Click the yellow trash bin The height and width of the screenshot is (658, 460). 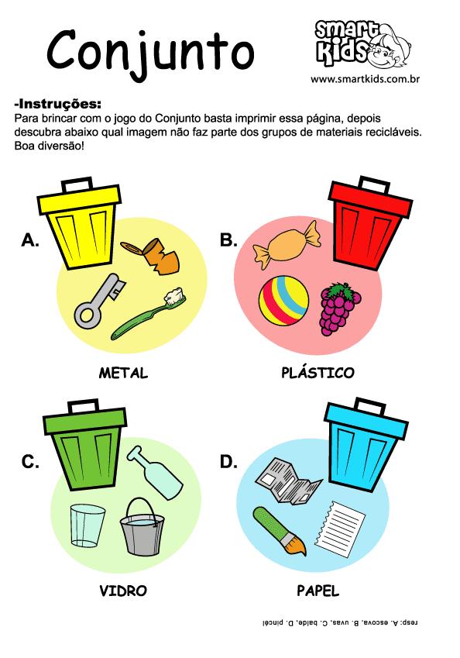tap(81, 225)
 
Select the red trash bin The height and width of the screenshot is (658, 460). tap(369, 225)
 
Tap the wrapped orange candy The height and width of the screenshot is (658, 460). tap(286, 245)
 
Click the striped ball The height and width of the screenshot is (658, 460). tap(284, 301)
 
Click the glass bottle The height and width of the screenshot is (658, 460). tap(155, 473)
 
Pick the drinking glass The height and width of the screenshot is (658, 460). tap(88, 525)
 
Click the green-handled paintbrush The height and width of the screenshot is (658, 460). tap(279, 530)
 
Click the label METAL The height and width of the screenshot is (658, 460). tap(123, 373)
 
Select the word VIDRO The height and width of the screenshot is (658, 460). tap(123, 591)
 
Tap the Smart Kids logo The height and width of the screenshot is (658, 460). tap(362, 44)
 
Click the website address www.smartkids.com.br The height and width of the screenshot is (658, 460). tap(365, 79)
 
